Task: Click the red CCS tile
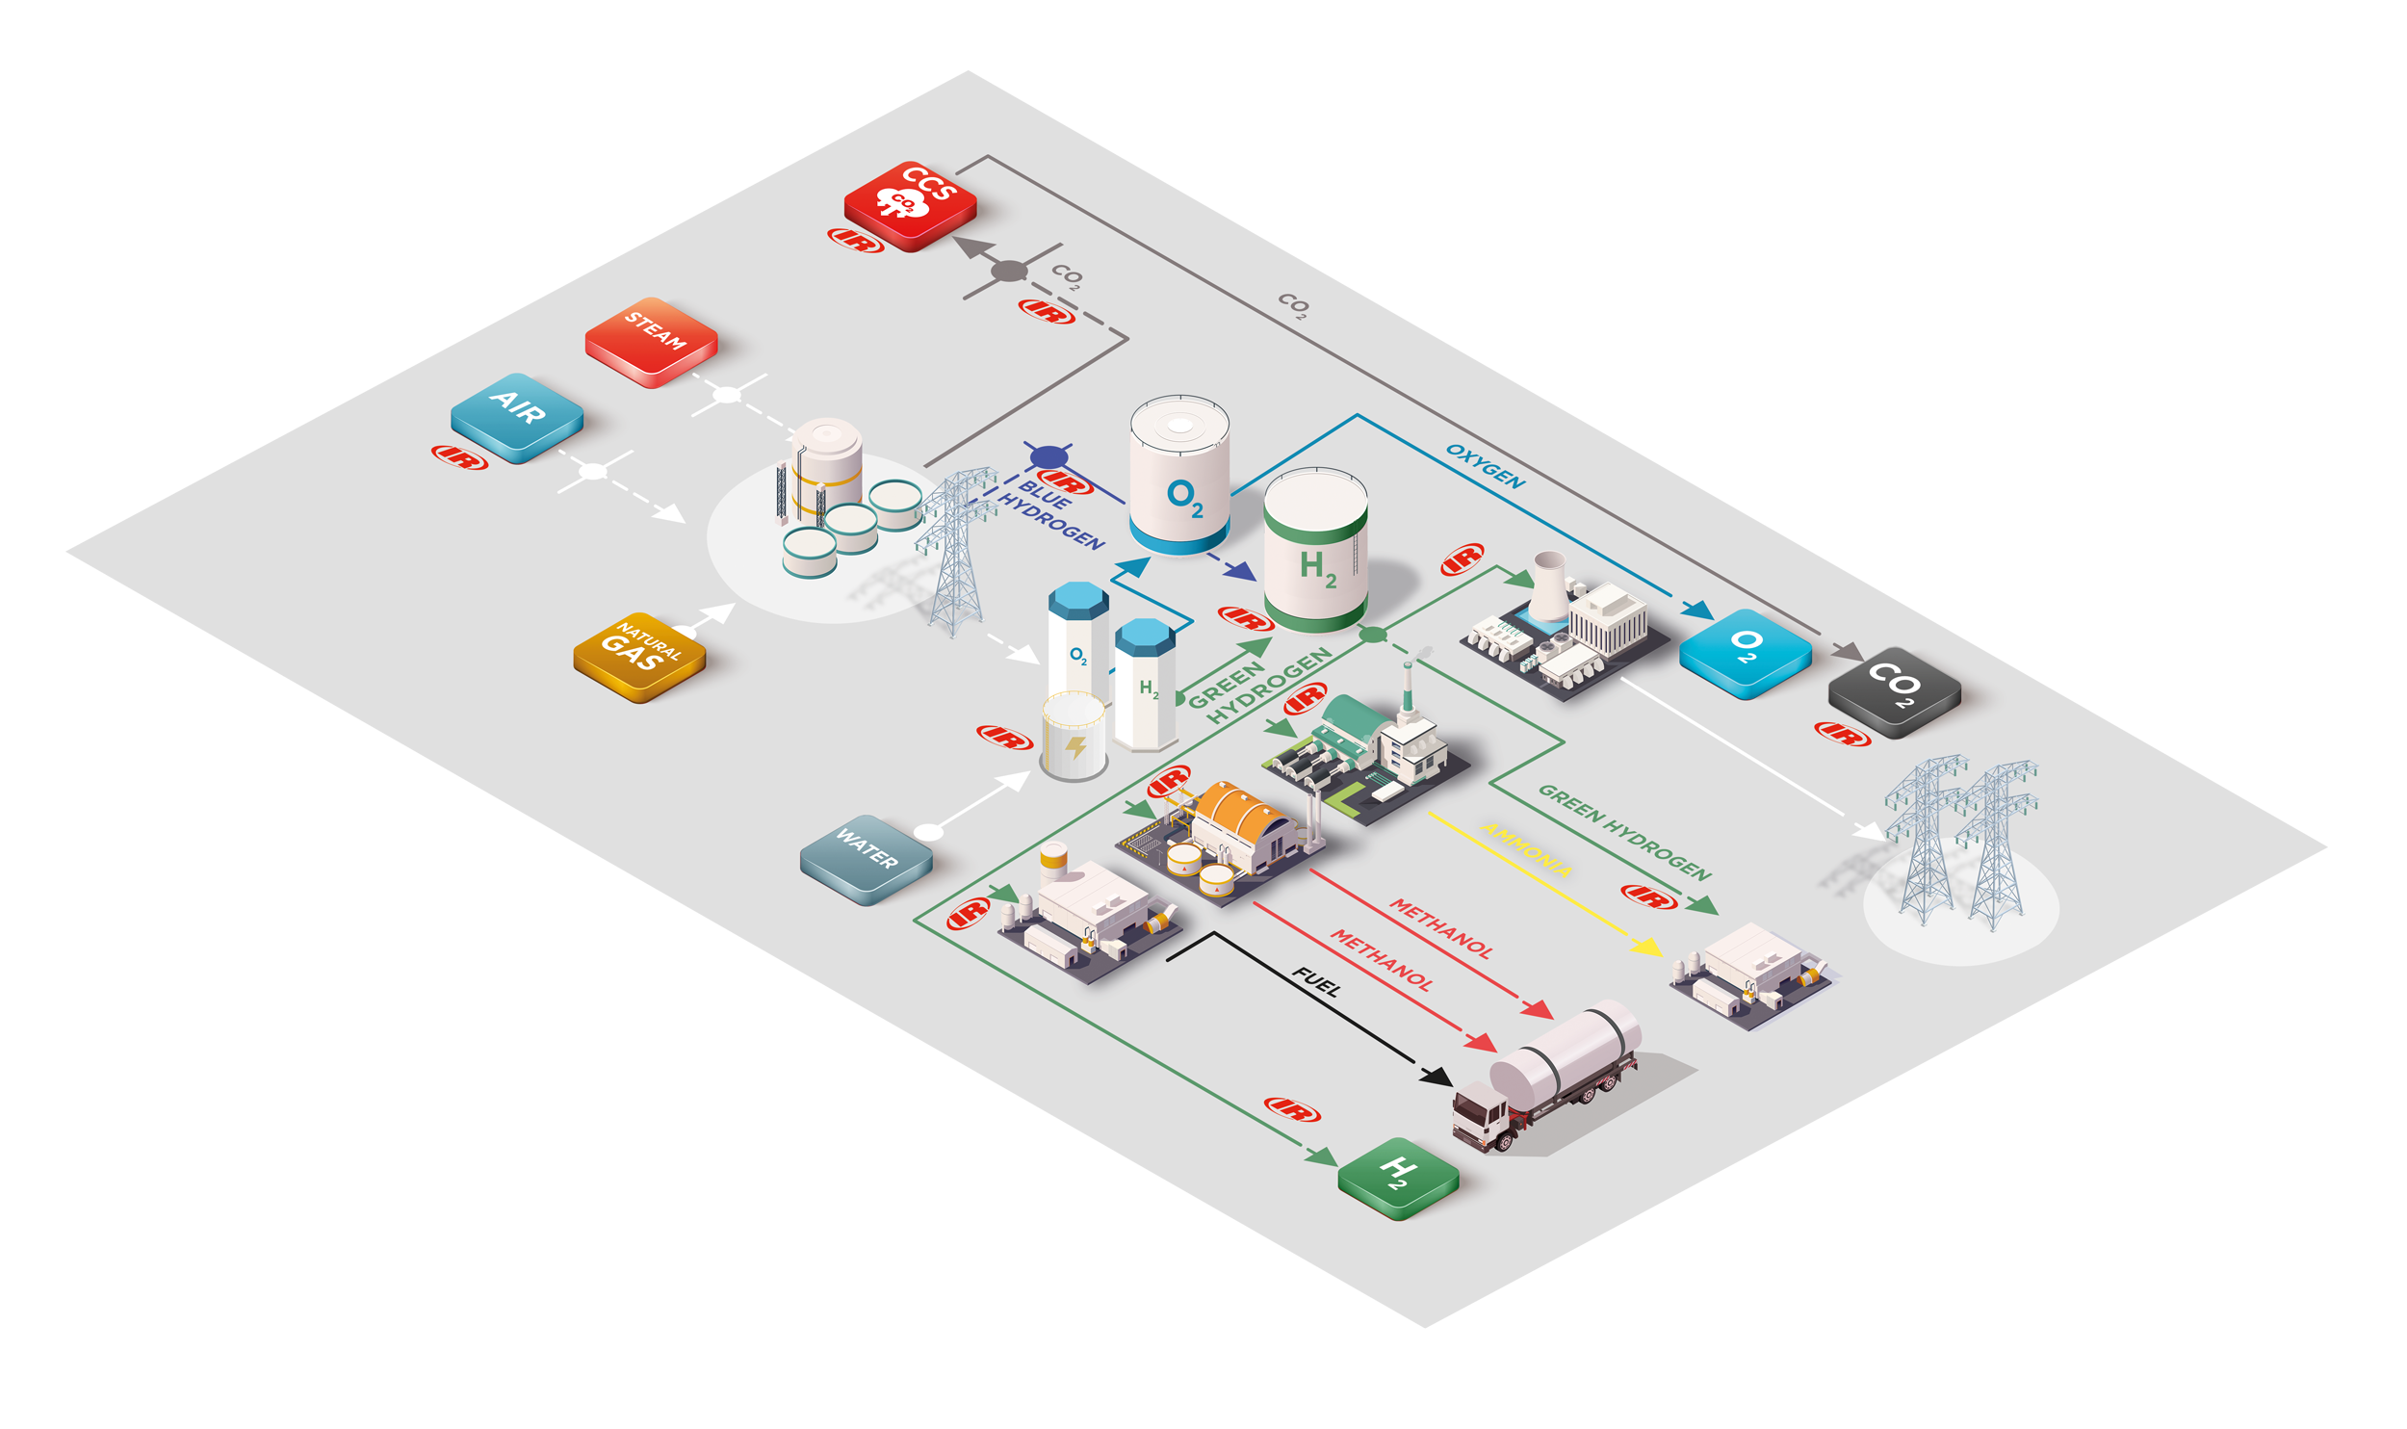(x=910, y=206)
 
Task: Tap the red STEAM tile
(x=651, y=342)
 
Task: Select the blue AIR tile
(x=517, y=418)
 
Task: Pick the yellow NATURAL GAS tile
(x=639, y=657)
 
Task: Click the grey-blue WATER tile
(x=867, y=860)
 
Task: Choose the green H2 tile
(x=1398, y=1178)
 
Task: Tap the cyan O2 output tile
(x=1745, y=653)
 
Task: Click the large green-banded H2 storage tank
(x=1315, y=549)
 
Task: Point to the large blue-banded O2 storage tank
(x=1179, y=475)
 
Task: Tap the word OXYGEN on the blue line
(x=1486, y=466)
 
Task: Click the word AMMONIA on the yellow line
(x=1527, y=848)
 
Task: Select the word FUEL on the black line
(x=1316, y=982)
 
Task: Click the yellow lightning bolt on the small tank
(x=1075, y=746)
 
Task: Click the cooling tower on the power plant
(x=1548, y=585)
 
